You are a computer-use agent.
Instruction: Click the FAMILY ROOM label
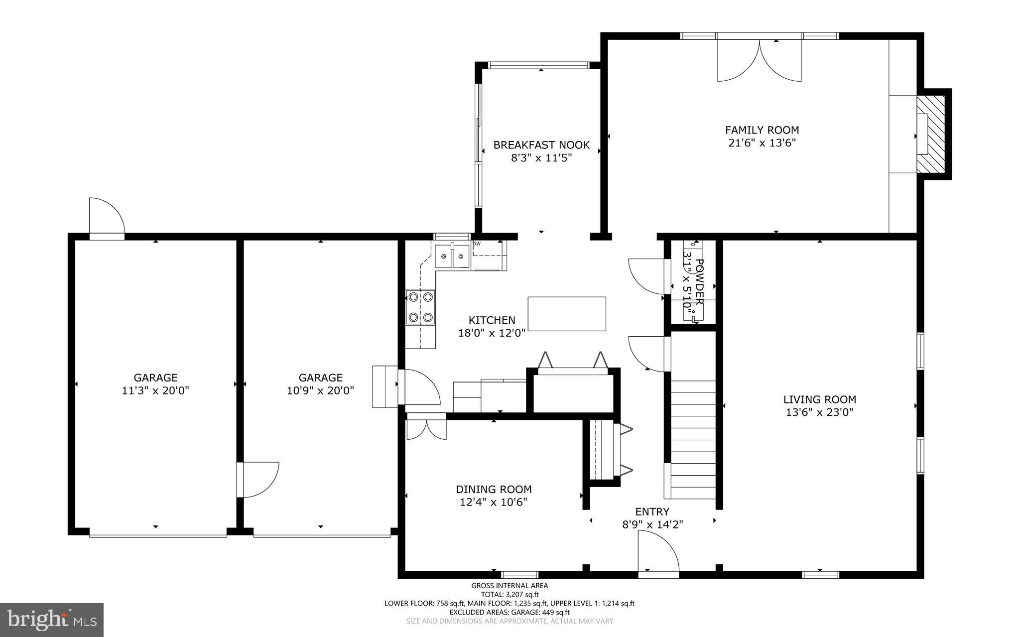tap(762, 130)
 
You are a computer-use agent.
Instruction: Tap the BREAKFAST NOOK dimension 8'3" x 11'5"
tap(541, 158)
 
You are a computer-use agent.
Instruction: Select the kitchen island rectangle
tap(567, 314)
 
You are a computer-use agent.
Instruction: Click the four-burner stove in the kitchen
tap(420, 307)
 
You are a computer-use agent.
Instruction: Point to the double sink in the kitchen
tap(452, 256)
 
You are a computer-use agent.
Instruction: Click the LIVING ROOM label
tap(819, 399)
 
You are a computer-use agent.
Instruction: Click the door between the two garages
tap(257, 479)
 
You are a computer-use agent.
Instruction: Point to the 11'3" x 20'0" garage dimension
tap(155, 391)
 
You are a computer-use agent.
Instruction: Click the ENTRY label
tap(652, 511)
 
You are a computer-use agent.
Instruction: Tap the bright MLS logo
tap(52, 620)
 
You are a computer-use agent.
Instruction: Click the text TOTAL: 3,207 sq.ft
tap(509, 594)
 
